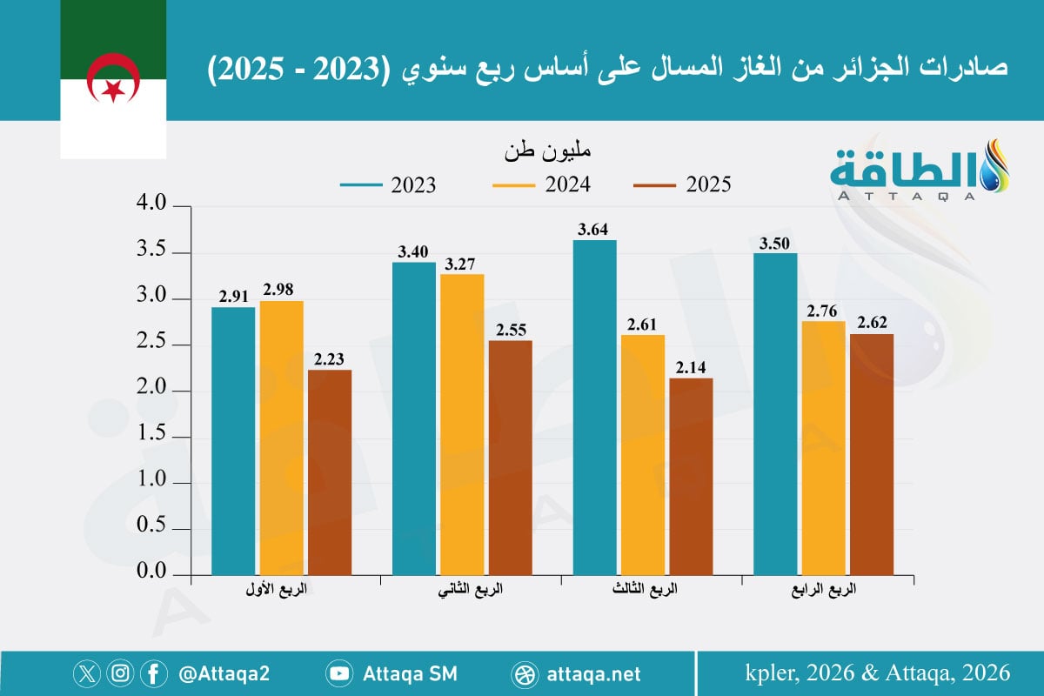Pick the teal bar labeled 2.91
tap(232, 441)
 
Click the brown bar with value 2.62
tap(872, 454)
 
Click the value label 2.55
tap(510, 331)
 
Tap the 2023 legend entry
tap(388, 184)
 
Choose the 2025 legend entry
tap(683, 184)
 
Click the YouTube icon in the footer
tap(338, 673)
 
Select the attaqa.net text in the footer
tap(595, 673)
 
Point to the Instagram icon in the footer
tap(121, 673)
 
